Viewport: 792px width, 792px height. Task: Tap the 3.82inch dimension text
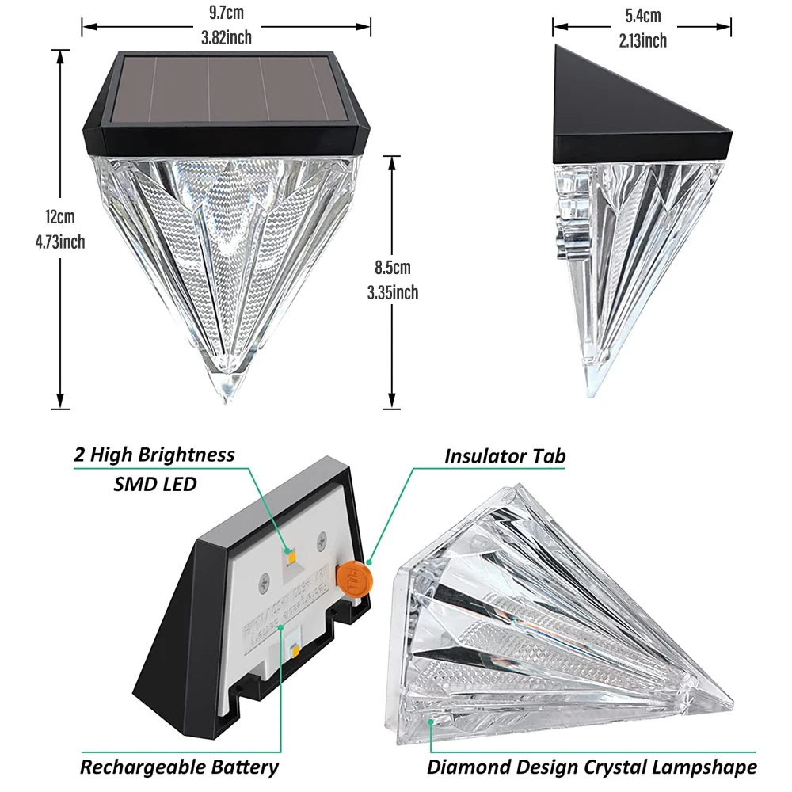pyautogui.click(x=227, y=36)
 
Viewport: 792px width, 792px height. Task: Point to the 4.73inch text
pyautogui.click(x=59, y=242)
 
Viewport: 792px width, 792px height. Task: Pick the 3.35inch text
pyautogui.click(x=393, y=293)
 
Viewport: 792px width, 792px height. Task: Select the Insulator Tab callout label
pyautogui.click(x=505, y=456)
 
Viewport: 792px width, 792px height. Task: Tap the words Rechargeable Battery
pyautogui.click(x=179, y=767)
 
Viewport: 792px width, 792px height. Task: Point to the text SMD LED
pyautogui.click(x=155, y=483)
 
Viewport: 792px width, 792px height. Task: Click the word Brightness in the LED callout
pyautogui.click(x=186, y=455)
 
